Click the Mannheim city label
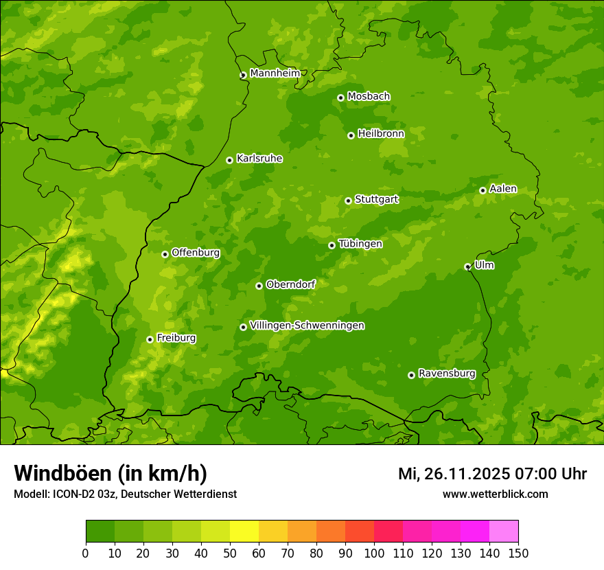coord(275,73)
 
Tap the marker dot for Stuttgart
coord(348,201)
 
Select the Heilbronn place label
coord(381,133)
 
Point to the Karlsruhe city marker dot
coord(229,160)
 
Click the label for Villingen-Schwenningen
coord(307,325)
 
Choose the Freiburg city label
coord(176,337)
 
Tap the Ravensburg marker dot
coord(411,375)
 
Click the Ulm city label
coord(484,264)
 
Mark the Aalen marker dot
coord(483,190)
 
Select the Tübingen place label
coord(360,243)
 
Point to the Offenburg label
coord(196,252)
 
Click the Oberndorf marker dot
coord(259,286)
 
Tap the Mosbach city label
coord(369,96)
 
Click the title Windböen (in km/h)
coord(111,473)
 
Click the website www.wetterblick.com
coord(495,494)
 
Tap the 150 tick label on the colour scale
coord(518,553)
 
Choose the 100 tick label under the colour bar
coord(374,553)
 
